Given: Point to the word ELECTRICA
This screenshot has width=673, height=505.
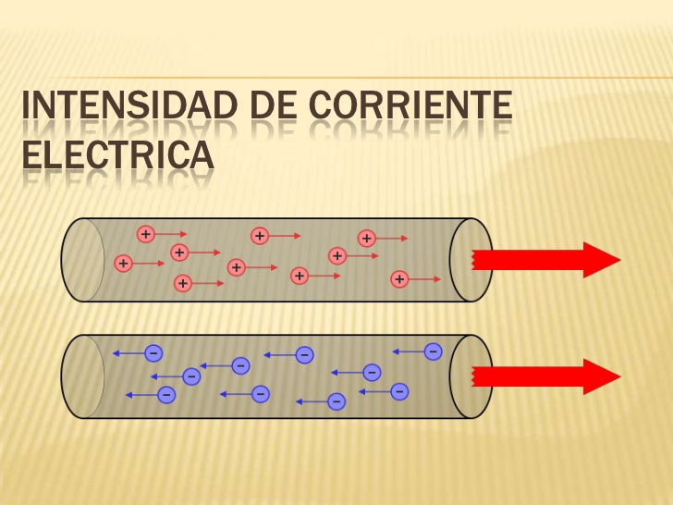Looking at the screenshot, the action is (117, 154).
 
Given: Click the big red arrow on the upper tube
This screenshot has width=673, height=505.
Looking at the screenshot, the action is (545, 260).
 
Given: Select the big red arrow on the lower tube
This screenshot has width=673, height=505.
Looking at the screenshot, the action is (545, 376).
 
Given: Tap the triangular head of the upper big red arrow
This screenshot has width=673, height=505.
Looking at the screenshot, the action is (601, 260).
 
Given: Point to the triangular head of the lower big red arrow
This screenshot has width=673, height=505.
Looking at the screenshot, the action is (601, 376).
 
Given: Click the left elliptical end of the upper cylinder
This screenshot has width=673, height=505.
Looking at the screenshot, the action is (82, 260).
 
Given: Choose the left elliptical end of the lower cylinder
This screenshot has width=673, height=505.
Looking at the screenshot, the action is (82, 376).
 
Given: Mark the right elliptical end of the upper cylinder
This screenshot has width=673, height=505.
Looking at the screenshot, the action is (470, 260).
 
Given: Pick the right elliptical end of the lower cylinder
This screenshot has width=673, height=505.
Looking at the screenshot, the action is (470, 376).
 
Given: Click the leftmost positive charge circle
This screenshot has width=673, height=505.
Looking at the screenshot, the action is (123, 264).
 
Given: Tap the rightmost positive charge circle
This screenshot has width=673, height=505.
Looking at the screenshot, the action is (399, 277).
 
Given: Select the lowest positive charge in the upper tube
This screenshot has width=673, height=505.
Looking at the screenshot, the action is (183, 283).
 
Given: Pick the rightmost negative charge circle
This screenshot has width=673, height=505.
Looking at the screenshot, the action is (433, 351).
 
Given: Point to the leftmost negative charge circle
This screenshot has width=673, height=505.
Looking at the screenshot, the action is (153, 352).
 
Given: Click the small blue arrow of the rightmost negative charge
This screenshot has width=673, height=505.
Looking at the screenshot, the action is (408, 351).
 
